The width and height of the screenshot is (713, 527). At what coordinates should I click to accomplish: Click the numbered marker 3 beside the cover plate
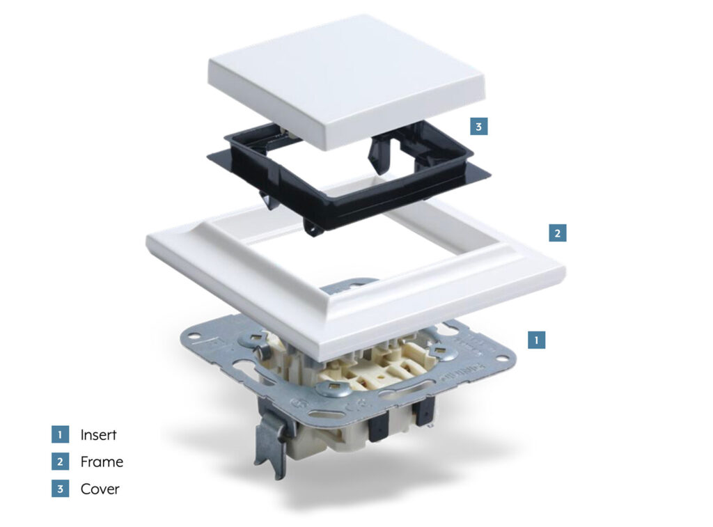click(x=479, y=126)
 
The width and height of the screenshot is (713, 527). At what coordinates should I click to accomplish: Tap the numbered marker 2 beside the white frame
click(x=558, y=233)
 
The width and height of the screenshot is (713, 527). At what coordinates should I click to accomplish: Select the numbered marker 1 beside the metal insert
click(x=537, y=340)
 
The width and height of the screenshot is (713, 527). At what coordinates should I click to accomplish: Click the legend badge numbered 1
click(x=60, y=434)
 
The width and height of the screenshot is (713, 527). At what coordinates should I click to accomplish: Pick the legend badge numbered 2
click(x=60, y=462)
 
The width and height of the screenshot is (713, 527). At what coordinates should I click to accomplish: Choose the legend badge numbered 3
click(x=60, y=489)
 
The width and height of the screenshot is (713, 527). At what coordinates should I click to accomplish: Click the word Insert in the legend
click(x=98, y=434)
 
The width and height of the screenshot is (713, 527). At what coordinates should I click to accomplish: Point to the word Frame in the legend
click(x=102, y=462)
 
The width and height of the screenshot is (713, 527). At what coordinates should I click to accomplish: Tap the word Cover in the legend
click(x=100, y=489)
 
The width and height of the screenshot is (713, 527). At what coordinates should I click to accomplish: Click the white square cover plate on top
click(x=345, y=77)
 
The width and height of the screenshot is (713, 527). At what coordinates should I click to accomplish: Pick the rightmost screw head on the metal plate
click(x=439, y=350)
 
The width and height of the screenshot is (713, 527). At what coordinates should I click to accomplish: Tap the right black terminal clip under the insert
click(x=423, y=412)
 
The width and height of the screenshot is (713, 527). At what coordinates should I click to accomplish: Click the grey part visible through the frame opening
click(x=349, y=286)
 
